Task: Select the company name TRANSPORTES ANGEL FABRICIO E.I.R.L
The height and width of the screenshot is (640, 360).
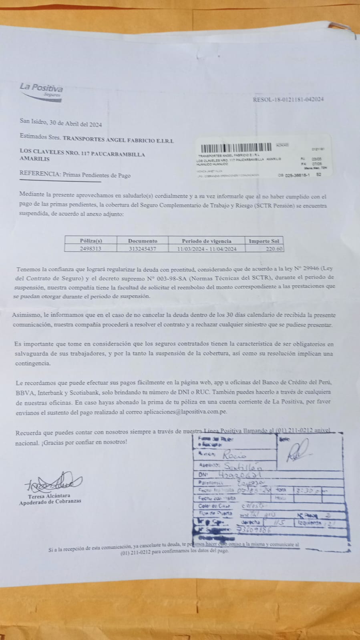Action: [118, 140]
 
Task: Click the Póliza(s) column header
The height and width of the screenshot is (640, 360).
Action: [91, 241]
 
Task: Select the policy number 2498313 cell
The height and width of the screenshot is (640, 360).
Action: [91, 249]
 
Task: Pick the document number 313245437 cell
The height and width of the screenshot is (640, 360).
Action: [143, 249]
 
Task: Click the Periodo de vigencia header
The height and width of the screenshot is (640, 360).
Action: [206, 241]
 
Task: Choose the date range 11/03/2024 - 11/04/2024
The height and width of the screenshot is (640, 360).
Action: [206, 249]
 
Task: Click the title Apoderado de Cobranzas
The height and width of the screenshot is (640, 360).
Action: [50, 502]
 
